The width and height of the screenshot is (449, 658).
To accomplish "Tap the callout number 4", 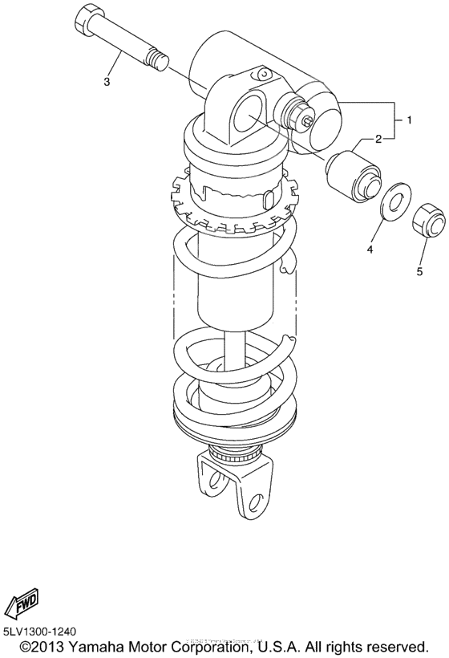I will [x=370, y=250].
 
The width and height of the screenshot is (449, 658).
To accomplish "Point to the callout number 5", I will [x=419, y=271].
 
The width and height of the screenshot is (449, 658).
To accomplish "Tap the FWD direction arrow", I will [x=22, y=603].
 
